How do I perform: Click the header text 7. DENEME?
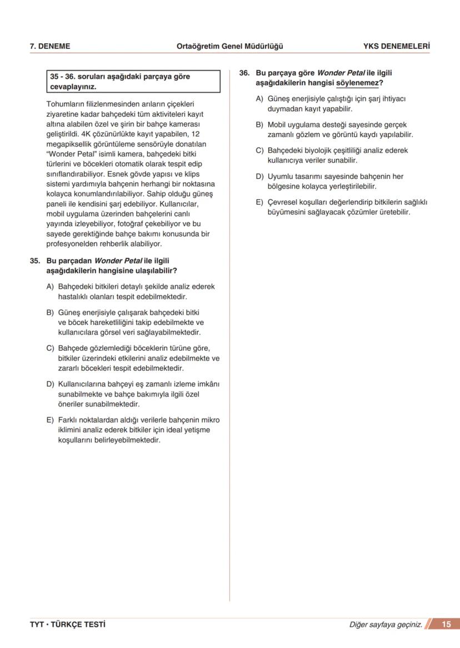pyautogui.click(x=50, y=47)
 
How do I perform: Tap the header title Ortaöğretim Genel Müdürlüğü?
pyautogui.click(x=229, y=47)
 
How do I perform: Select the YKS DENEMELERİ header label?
pyautogui.click(x=396, y=47)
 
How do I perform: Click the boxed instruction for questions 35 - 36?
pyautogui.click(x=134, y=82)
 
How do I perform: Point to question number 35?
pyautogui.click(x=35, y=260)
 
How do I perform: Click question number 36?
pyautogui.click(x=244, y=73)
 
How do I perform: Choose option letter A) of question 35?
pyautogui.click(x=50, y=287)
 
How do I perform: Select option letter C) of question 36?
pyautogui.click(x=259, y=150)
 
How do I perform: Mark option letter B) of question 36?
pyautogui.click(x=259, y=125)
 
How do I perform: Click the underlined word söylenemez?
pyautogui.click(x=357, y=83)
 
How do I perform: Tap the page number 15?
pyautogui.click(x=446, y=625)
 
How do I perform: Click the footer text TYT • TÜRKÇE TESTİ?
pyautogui.click(x=67, y=625)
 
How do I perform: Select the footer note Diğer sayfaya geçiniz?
pyautogui.click(x=386, y=625)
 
